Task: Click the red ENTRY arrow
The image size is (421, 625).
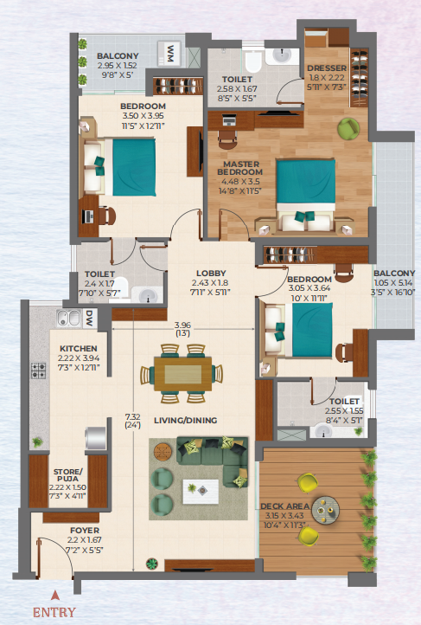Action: (55, 595)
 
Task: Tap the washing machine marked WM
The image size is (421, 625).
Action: (170, 54)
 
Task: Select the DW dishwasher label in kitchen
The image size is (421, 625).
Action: (90, 319)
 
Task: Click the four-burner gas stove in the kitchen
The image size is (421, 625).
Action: (39, 370)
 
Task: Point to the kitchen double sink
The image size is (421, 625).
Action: (68, 318)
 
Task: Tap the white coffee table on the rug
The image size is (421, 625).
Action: (201, 492)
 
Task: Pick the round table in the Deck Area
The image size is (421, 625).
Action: (326, 510)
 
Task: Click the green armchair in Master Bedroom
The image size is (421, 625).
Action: (348, 128)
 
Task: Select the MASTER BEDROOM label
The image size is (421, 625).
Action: (240, 168)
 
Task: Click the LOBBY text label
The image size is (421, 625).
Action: (211, 273)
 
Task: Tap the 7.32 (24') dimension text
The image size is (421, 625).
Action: (133, 421)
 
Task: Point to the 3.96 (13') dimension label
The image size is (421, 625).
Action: (182, 329)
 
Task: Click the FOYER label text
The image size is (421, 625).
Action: (85, 531)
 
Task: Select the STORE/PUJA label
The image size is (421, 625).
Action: (68, 475)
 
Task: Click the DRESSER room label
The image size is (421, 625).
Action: (327, 68)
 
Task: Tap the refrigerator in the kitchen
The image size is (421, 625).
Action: (96, 439)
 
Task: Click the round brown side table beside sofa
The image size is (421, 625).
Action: (163, 452)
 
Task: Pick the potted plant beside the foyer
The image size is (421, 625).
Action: (152, 564)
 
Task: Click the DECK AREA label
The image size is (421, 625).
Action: (285, 506)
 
